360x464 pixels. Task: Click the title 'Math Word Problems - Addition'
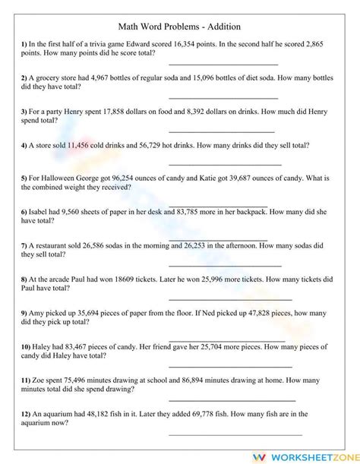click(x=180, y=27)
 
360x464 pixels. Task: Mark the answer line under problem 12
click(x=235, y=434)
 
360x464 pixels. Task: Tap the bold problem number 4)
click(x=24, y=145)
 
